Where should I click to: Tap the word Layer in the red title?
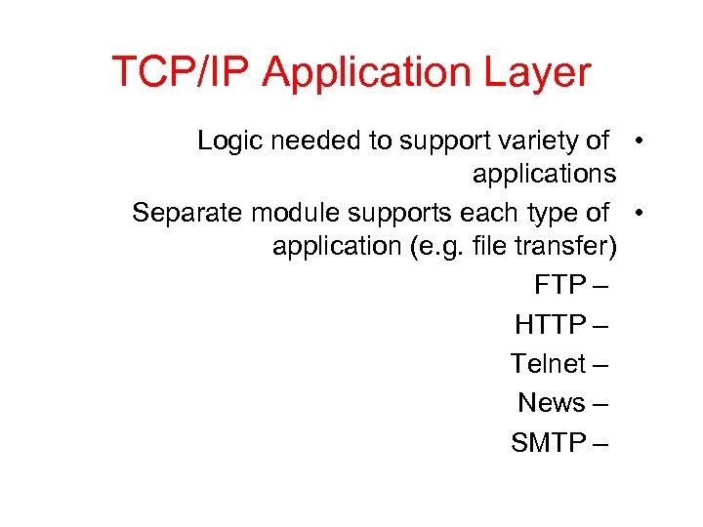pyautogui.click(x=544, y=73)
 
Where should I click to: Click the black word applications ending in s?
pyautogui.click(x=544, y=176)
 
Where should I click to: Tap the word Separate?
pyautogui.click(x=186, y=212)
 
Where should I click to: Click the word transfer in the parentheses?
pyautogui.click(x=569, y=247)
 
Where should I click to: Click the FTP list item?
pyautogui.click(x=559, y=286)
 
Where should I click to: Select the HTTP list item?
pyautogui.click(x=550, y=325)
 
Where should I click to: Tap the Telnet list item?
pyautogui.click(x=548, y=364)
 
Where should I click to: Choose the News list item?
pyautogui.click(x=552, y=403)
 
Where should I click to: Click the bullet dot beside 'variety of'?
pyautogui.click(x=637, y=141)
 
